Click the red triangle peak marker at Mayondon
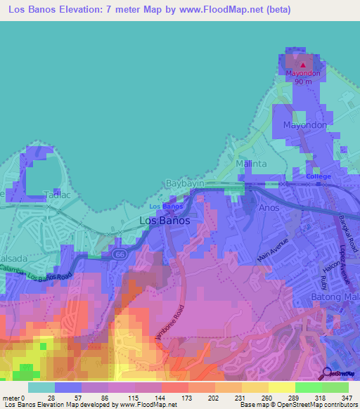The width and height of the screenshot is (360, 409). pos(303,65)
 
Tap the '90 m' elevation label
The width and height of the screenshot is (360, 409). pos(303,82)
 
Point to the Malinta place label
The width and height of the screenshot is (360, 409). pos(251,164)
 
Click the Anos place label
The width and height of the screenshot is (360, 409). pos(269,207)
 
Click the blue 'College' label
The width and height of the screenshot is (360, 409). pos(318,177)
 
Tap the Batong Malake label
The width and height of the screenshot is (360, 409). pos(335,297)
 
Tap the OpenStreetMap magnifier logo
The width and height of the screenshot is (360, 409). pos(327,373)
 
